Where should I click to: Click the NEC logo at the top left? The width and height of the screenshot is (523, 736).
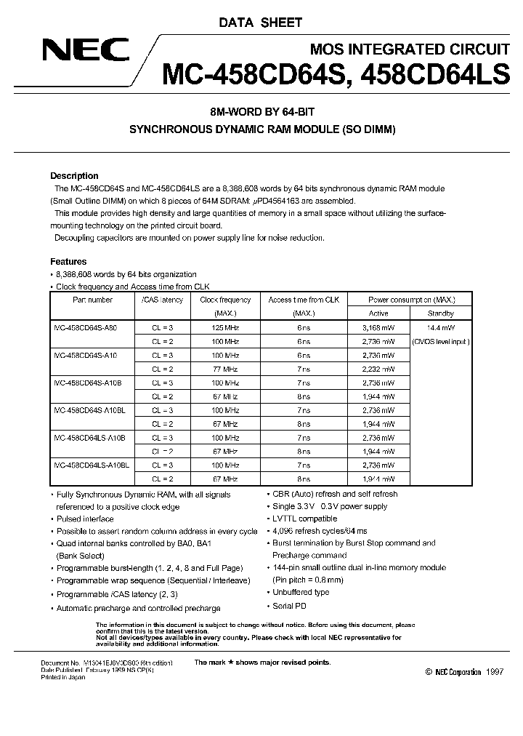point(85,50)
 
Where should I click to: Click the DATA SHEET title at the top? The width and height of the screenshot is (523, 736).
point(260,23)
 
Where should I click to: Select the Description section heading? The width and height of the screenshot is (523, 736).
point(74,176)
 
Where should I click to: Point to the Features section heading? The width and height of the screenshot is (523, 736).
point(68,261)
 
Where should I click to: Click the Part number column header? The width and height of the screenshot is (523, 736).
point(92,300)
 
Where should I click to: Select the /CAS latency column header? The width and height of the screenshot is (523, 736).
point(162,300)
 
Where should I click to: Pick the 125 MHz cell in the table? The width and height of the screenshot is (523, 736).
point(225,328)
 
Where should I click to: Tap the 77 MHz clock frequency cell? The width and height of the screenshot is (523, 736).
point(225,369)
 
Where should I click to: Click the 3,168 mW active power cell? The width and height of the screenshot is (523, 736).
point(378,328)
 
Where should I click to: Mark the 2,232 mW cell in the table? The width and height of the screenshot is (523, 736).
point(378,369)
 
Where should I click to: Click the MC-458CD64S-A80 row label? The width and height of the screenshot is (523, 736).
point(85,328)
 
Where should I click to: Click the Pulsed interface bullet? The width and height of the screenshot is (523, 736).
point(85,519)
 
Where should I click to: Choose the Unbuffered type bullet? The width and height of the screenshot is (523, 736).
point(300,592)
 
